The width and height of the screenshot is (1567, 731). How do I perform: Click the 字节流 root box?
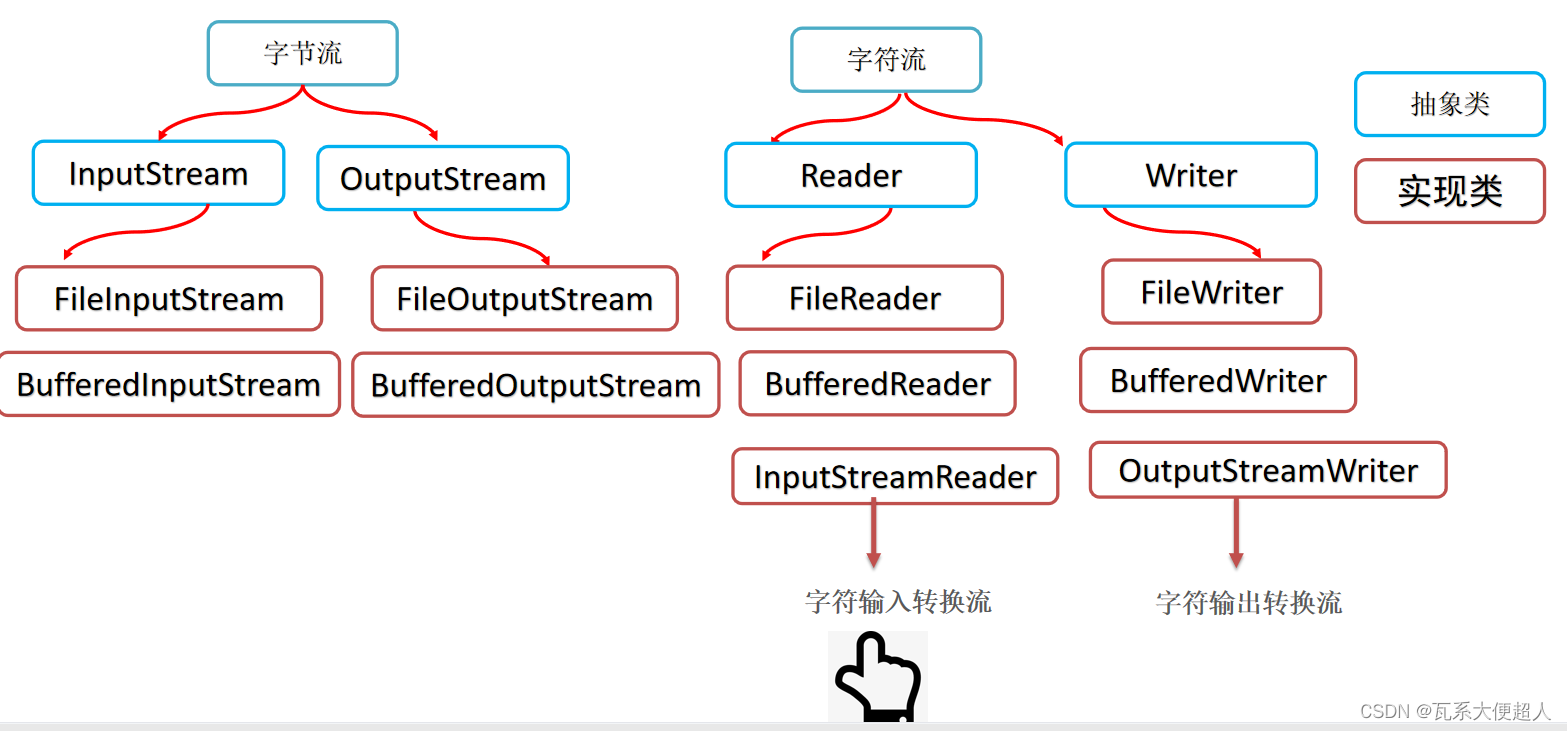[302, 53]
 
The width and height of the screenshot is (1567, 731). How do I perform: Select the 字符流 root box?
[886, 59]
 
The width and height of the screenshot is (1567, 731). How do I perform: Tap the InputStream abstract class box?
[158, 173]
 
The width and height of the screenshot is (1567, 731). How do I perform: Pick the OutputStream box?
[443, 178]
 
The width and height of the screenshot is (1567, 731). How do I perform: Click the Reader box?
[851, 175]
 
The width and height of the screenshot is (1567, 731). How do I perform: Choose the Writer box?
[1191, 175]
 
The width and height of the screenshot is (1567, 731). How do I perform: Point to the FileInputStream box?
[169, 298]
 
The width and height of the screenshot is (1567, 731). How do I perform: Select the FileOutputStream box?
[524, 298]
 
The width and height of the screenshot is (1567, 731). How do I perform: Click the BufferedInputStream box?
[169, 384]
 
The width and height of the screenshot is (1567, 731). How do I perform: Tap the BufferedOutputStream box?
[535, 385]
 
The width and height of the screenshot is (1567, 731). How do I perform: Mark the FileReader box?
[864, 297]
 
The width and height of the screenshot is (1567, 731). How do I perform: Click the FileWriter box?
[1211, 292]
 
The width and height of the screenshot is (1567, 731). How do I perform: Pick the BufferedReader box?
[877, 383]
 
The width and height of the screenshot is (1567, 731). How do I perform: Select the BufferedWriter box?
[1218, 380]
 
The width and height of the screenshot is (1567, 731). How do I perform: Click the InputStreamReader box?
[894, 476]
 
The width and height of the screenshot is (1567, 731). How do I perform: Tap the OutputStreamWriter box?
[1267, 470]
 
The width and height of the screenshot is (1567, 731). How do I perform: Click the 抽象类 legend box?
[1449, 104]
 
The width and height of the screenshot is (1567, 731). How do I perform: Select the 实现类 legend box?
[1449, 190]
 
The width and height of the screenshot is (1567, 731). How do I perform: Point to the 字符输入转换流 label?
[897, 601]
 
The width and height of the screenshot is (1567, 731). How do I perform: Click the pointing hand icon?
[876, 677]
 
